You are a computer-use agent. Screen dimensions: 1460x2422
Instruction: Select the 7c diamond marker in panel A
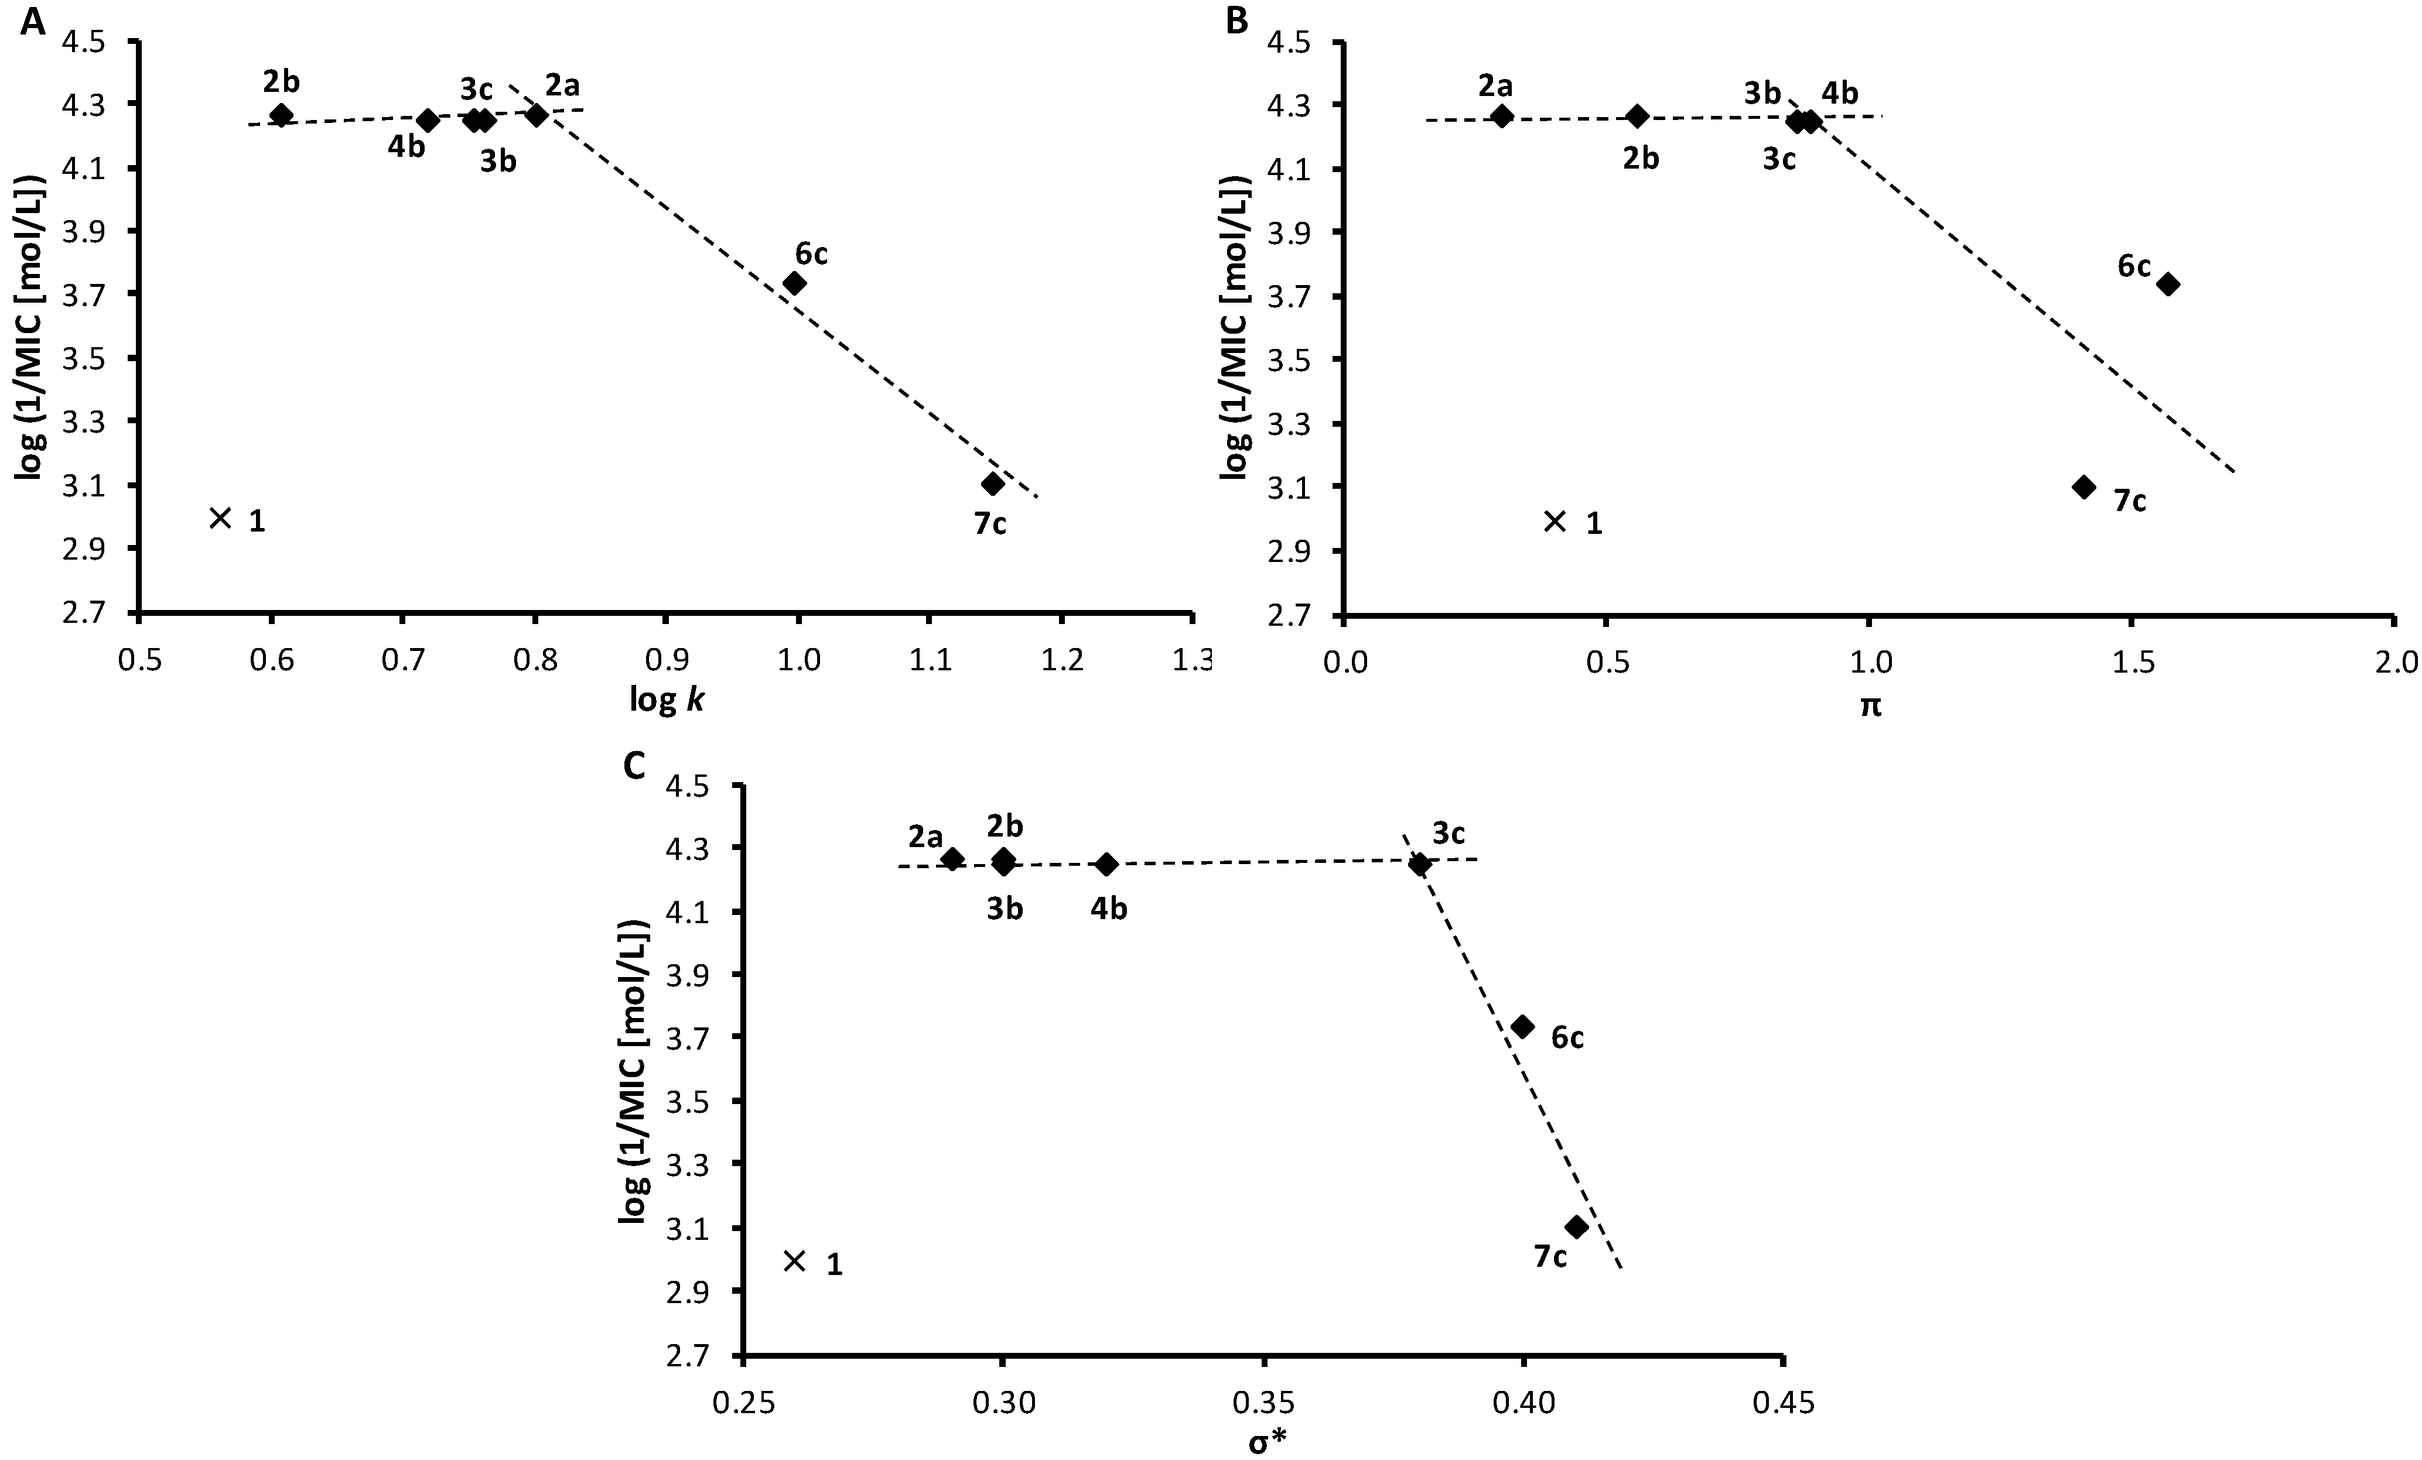993,484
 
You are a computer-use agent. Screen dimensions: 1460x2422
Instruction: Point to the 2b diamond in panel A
282,115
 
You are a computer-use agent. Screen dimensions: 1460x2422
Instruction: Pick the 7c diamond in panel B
2084,486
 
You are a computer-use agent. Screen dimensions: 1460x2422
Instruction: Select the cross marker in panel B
1554,521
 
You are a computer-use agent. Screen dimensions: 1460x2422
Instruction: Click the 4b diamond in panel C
1107,865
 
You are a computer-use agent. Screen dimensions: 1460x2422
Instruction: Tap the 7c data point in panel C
1577,1226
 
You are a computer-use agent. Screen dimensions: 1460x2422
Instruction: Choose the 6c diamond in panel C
1522,1027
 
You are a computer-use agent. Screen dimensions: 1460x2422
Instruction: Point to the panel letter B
1236,20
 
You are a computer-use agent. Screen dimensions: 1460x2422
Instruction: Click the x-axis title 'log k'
667,701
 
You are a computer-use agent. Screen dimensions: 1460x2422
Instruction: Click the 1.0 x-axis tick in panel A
799,659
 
